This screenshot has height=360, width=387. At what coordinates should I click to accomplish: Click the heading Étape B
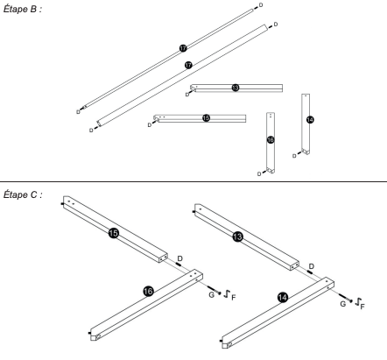23,9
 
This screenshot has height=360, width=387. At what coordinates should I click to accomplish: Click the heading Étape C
23,194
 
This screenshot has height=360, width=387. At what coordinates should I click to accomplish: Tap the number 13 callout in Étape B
236,88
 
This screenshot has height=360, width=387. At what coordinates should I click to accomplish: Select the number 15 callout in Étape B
206,118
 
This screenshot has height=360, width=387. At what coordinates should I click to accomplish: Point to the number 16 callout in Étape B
271,140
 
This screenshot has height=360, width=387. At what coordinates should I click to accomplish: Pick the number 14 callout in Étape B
310,120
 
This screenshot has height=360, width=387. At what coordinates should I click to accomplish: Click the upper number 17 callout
183,48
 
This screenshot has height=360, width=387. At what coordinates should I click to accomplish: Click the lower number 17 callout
188,65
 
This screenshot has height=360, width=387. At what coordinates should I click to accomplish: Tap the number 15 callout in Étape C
114,233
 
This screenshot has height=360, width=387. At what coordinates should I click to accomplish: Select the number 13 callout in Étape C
237,236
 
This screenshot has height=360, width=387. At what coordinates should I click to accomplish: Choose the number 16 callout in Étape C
148,291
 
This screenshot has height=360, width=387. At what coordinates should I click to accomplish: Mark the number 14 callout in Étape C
282,298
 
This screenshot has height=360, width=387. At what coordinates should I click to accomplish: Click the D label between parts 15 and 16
180,258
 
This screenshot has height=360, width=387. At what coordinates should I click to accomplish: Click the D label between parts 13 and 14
312,266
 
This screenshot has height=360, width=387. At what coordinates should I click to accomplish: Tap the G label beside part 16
212,295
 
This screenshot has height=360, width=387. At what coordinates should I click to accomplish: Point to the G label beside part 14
343,304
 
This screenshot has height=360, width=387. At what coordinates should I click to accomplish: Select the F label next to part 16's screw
234,298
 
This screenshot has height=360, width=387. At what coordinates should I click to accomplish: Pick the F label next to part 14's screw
362,307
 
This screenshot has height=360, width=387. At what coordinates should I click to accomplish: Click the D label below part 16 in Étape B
259,174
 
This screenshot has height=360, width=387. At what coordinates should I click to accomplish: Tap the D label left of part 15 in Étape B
150,125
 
